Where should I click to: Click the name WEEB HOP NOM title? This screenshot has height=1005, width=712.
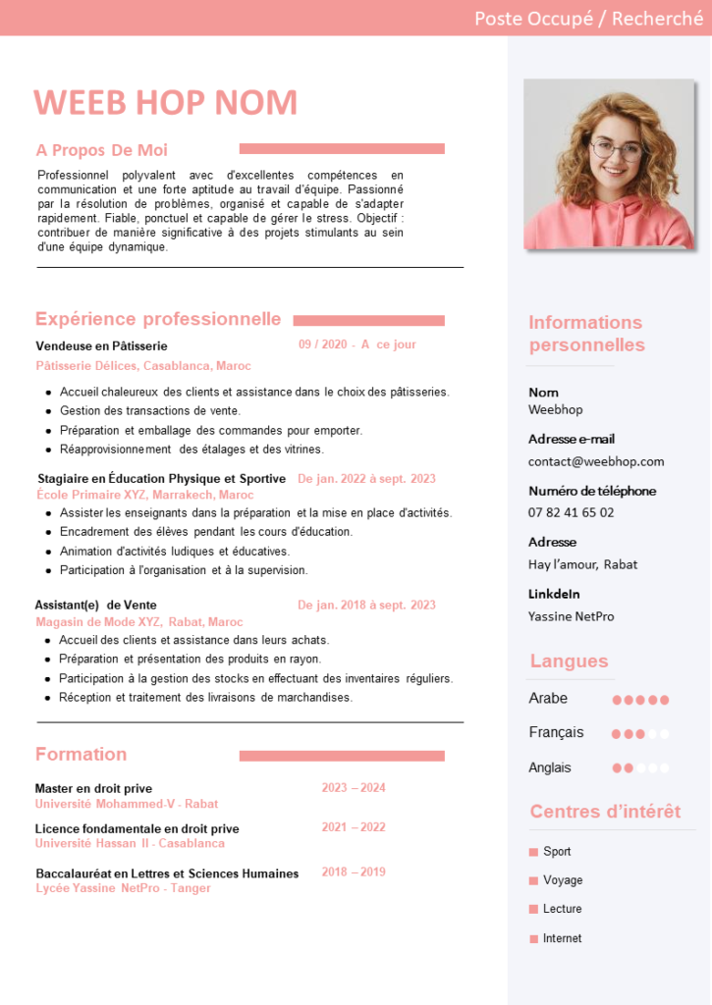click(x=165, y=103)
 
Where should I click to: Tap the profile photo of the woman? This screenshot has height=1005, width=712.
click(x=609, y=164)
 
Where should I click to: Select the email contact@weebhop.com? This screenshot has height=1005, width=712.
click(x=596, y=461)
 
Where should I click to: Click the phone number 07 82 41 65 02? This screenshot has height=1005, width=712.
click(x=572, y=512)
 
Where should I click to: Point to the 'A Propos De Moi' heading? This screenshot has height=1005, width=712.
click(x=102, y=150)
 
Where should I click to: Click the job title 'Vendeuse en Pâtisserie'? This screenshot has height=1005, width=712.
click(x=102, y=345)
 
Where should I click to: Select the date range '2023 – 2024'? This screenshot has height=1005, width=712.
click(x=354, y=787)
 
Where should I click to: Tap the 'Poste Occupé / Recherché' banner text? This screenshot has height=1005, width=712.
click(x=588, y=18)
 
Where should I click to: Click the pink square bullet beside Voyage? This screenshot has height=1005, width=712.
click(x=533, y=880)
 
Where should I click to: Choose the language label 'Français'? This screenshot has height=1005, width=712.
click(x=556, y=732)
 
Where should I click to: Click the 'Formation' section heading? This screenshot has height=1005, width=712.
click(x=81, y=754)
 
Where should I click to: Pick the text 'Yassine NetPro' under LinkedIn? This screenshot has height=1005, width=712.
click(x=572, y=616)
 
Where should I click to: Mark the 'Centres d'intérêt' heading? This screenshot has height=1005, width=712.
click(x=605, y=812)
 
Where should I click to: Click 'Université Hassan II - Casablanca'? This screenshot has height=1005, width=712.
click(x=130, y=843)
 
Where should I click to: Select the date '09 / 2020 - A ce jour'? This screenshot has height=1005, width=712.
click(x=357, y=344)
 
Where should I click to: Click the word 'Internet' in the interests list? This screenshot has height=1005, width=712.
click(x=562, y=938)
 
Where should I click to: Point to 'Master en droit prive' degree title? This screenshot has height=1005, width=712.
click(x=93, y=788)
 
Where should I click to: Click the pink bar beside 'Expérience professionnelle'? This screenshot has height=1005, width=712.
click(x=368, y=321)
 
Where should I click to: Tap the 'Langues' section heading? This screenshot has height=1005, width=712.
click(x=569, y=661)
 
